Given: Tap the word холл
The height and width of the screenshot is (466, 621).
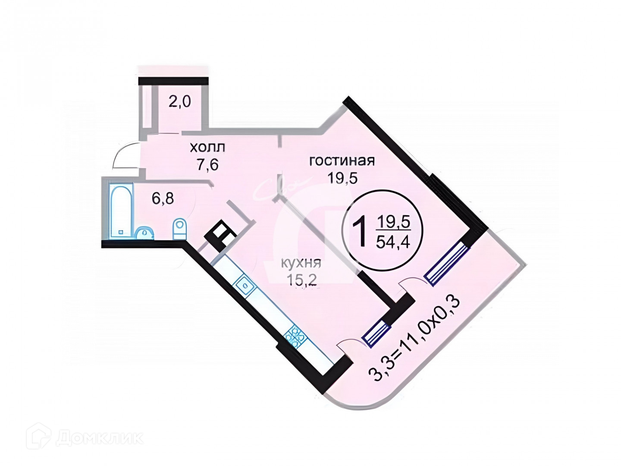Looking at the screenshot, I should click(x=207, y=148).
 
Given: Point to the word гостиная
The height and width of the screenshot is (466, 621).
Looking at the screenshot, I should click(x=342, y=161).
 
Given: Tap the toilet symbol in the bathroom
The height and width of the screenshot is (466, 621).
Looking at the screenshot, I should click(x=179, y=228).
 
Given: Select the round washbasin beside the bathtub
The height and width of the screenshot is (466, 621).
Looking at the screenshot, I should click(x=144, y=233).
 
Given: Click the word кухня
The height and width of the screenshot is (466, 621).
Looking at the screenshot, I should click(x=301, y=262).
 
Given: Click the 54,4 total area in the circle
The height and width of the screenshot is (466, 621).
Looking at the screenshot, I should click(x=393, y=242).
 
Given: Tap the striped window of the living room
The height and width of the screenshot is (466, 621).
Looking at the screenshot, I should click(x=446, y=263).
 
